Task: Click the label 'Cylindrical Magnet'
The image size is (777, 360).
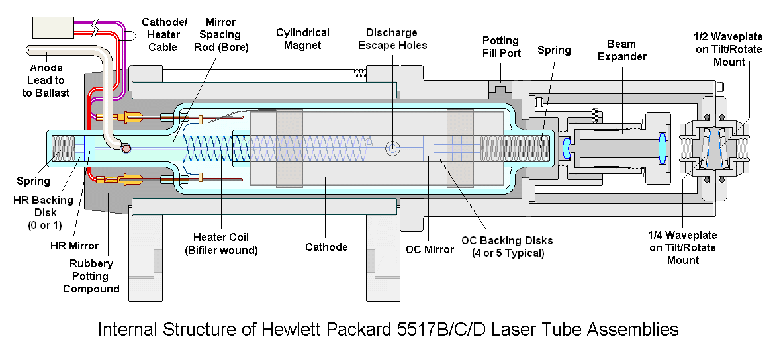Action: click(x=302, y=39)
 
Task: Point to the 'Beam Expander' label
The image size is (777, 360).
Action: click(x=622, y=50)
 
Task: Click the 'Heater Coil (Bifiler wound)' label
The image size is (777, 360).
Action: click(x=221, y=244)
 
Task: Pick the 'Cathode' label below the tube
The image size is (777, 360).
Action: click(x=326, y=247)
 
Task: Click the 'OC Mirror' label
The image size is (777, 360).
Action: click(x=430, y=249)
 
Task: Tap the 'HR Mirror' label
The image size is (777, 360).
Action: click(x=74, y=245)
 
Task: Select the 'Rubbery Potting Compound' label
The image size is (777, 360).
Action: click(x=91, y=276)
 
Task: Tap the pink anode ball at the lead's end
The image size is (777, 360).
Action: click(x=127, y=148)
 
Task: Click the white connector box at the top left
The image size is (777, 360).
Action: click(x=53, y=27)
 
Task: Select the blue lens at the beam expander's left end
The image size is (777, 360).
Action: click(x=567, y=148)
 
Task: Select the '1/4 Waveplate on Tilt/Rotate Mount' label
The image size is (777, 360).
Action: click(x=683, y=247)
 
